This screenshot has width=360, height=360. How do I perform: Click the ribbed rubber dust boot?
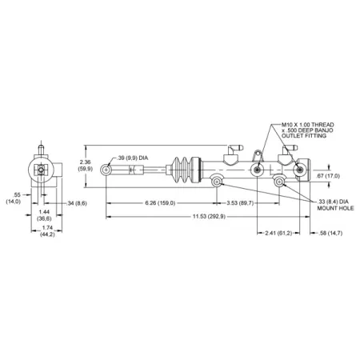tap(186, 169)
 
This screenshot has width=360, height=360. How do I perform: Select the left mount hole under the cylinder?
tap(217, 183)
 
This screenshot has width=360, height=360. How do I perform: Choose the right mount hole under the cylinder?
tap(279, 183)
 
